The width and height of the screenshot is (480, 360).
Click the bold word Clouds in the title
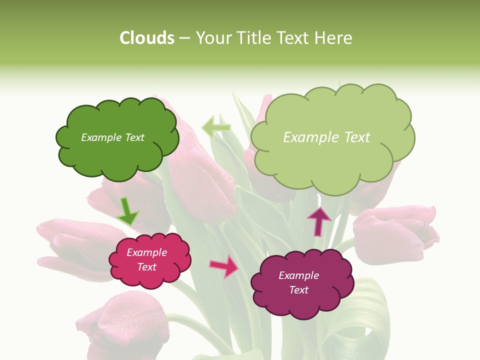(x=146, y=38)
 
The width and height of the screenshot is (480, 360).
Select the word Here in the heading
(x=333, y=38)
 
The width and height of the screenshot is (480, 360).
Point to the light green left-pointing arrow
(x=216, y=127)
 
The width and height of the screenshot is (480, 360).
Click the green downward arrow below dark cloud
(x=127, y=211)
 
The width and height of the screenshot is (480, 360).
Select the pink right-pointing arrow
(x=224, y=266)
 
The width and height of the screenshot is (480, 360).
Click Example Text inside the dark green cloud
(x=112, y=137)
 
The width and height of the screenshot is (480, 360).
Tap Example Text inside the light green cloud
(x=326, y=137)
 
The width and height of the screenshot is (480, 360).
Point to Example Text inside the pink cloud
(x=146, y=259)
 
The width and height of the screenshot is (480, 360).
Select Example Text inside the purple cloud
(x=298, y=282)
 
